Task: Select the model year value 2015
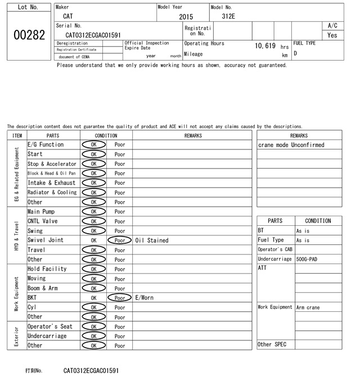pyautogui.click(x=186, y=17)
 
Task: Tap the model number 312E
pyautogui.click(x=228, y=16)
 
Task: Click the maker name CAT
pyautogui.click(x=67, y=16)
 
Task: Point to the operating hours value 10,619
pyautogui.click(x=265, y=46)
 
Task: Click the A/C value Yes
pyautogui.click(x=332, y=35)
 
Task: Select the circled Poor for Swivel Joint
pyautogui.click(x=119, y=240)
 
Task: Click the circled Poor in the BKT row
pyautogui.click(x=119, y=298)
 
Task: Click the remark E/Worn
pyautogui.click(x=145, y=298)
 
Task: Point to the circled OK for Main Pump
pyautogui.click(x=93, y=212)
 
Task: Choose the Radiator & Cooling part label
pyautogui.click(x=52, y=193)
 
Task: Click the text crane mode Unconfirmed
pyautogui.click(x=291, y=145)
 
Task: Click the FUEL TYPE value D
pyautogui.click(x=296, y=53)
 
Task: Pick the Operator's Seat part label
pyautogui.click(x=50, y=326)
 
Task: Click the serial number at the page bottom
pyautogui.click(x=91, y=371)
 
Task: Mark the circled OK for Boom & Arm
pyautogui.click(x=93, y=288)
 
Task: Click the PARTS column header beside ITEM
pyautogui.click(x=53, y=135)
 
